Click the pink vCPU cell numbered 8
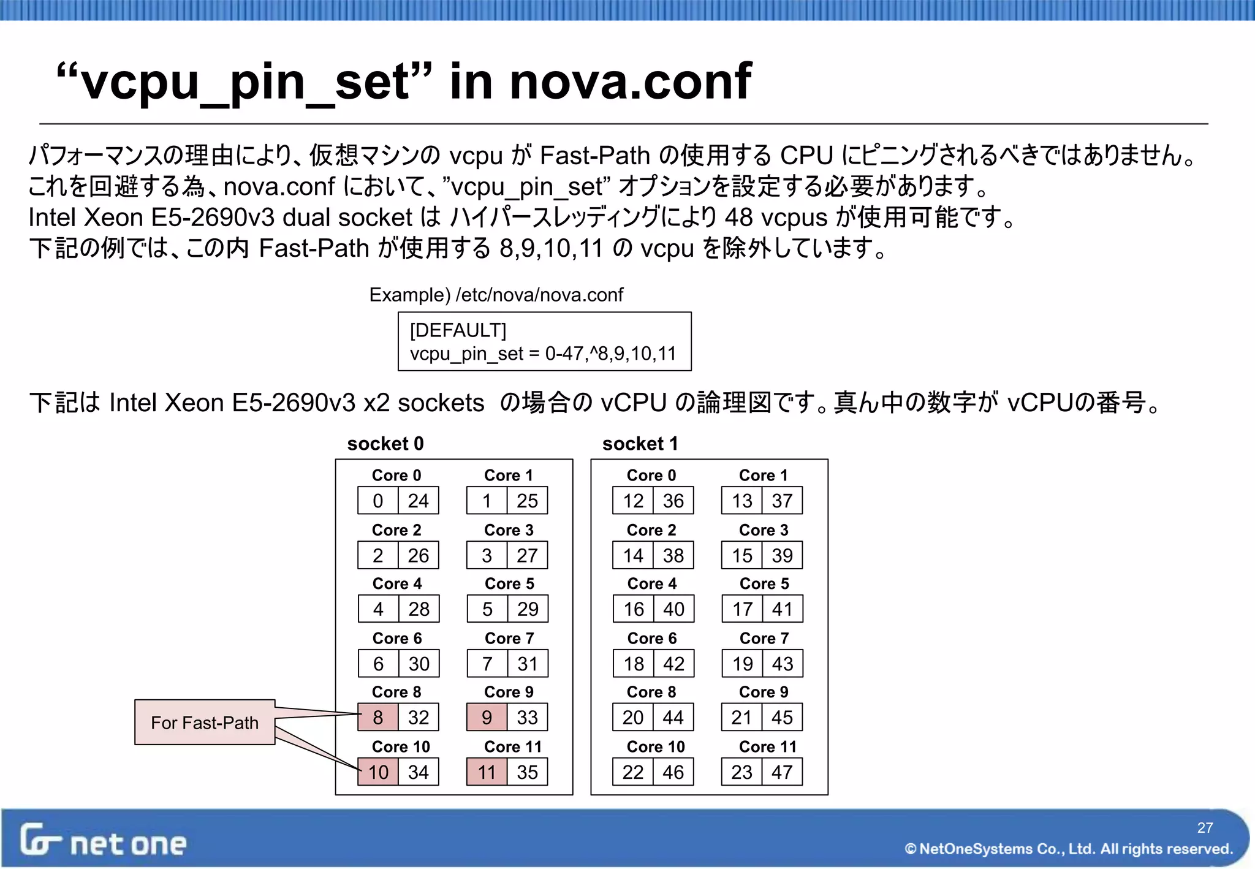point(378,717)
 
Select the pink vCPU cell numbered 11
point(487,772)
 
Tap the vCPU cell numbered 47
point(782,772)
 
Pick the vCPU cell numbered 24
point(418,501)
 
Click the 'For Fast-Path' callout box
point(205,723)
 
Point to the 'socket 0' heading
point(385,443)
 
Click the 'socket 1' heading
point(640,443)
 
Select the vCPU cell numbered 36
point(673,501)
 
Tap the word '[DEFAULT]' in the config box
point(458,330)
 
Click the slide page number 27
point(1205,827)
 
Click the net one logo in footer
point(103,841)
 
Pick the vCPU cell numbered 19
point(742,663)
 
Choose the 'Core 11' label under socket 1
point(767,746)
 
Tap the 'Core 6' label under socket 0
point(397,638)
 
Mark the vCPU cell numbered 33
point(527,717)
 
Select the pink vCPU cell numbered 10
point(378,772)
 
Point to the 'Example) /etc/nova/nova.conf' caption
point(496,295)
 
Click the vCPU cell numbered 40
point(673,609)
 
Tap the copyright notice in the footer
point(1069,849)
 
